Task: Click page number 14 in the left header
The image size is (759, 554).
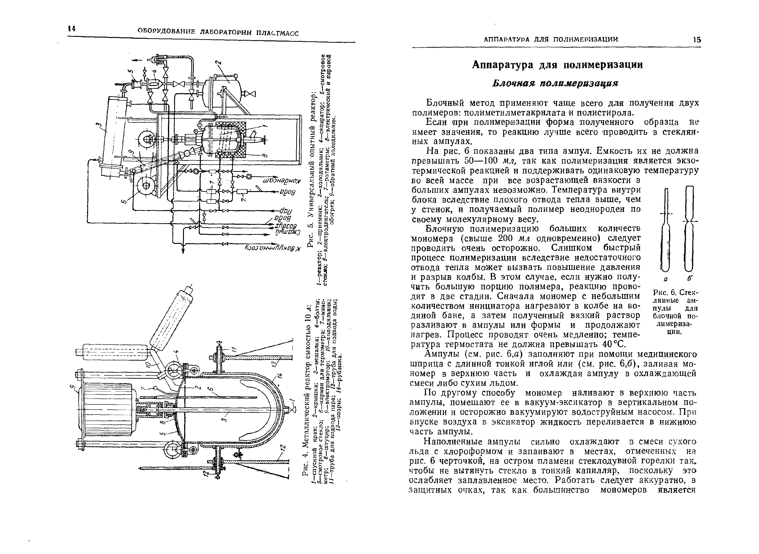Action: coord(71,29)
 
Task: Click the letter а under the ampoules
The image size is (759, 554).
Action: coord(665,278)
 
